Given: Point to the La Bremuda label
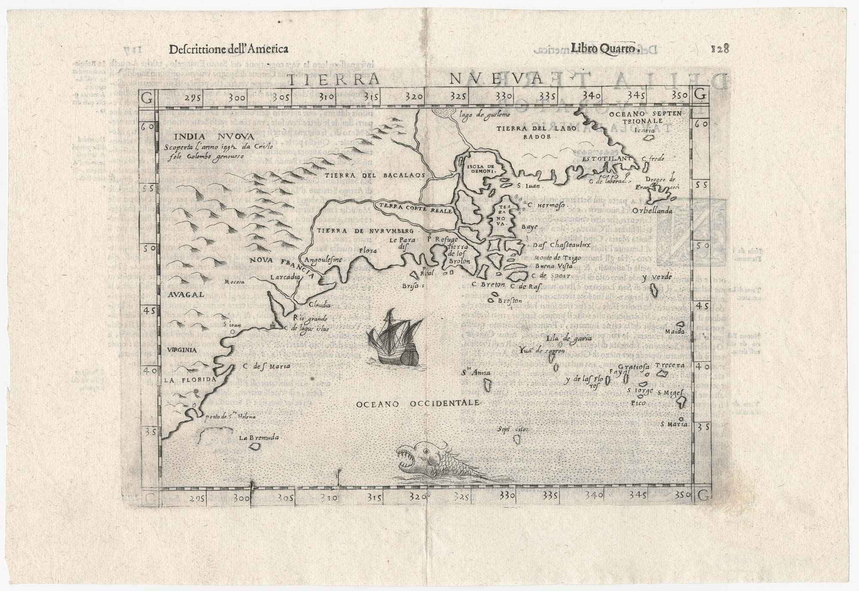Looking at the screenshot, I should tap(259, 438).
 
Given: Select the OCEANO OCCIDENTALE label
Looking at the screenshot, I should tap(417, 404).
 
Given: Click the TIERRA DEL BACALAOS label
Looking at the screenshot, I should tap(375, 176).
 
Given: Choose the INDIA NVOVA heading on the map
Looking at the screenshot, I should tap(215, 136).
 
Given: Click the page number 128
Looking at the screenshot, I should tap(720, 48).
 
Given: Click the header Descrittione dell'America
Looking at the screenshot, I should tap(228, 49).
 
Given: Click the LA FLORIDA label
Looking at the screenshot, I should tap(189, 380).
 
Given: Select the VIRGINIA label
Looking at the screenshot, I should tap(182, 350).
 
